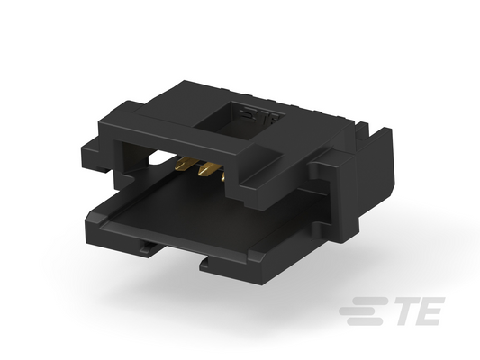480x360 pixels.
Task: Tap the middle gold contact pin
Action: [x=207, y=169]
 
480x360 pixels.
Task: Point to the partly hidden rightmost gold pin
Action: [x=223, y=176]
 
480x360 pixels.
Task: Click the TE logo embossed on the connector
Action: [x=259, y=115]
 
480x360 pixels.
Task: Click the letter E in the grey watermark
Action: [x=430, y=310]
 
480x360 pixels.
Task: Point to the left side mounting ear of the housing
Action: [x=95, y=155]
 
